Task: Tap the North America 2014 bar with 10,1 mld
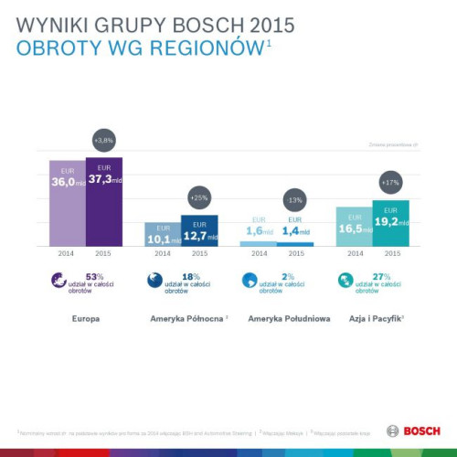[x=163, y=234]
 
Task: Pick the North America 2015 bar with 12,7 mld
[x=199, y=230]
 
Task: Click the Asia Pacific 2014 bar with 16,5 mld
[x=354, y=227]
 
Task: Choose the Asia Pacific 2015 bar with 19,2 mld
[x=391, y=223]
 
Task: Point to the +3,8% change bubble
[x=104, y=141]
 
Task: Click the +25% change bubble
[x=199, y=197]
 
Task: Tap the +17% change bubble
[x=391, y=183]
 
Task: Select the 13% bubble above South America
[x=294, y=199]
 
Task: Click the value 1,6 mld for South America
[x=258, y=231]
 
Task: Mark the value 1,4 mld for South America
[x=294, y=231]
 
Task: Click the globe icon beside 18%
[x=155, y=282]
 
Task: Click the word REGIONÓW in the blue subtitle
[x=197, y=48]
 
